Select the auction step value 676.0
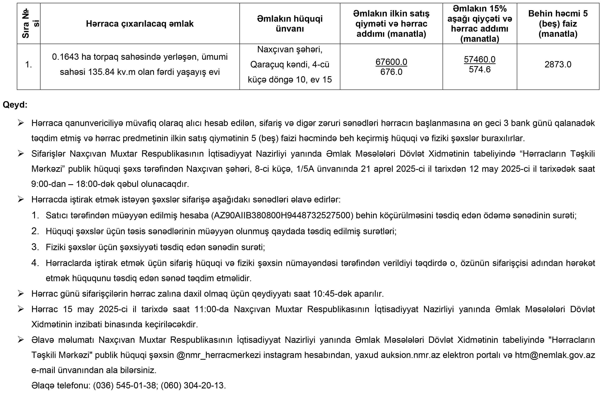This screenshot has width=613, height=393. (391, 72)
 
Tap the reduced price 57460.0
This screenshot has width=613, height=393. (479, 59)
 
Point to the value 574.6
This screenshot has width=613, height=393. (479, 69)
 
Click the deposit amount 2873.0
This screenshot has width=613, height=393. (558, 64)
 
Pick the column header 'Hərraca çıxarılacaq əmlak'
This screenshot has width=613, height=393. (140, 24)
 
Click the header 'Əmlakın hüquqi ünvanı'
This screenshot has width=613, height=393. (290, 24)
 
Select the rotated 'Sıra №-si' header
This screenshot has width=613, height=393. (29, 24)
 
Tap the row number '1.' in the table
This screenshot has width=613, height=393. (29, 65)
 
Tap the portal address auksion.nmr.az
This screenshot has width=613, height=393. (410, 355)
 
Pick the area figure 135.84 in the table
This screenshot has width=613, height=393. (101, 72)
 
